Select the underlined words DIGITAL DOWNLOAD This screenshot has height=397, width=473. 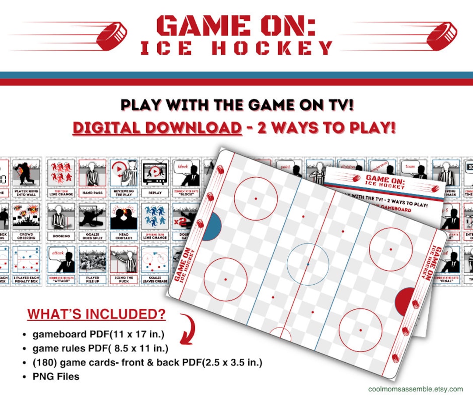coord(157,128)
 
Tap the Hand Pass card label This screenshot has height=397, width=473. coord(92,193)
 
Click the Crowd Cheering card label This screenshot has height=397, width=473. coord(26,236)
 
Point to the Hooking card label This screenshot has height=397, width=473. coord(61,236)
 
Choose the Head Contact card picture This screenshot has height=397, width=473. coord(124,216)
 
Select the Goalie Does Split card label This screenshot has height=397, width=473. coord(92,236)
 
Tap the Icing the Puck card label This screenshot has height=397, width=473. coord(124,279)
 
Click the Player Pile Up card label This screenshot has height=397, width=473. coord(92,279)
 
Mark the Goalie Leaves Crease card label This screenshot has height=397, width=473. coord(155,279)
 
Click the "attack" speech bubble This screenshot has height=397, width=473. coord(58,253)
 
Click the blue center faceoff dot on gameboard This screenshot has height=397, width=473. coord(308,264)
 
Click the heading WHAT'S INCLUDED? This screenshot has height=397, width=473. coord(96,314)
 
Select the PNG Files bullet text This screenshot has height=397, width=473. coord(56,376)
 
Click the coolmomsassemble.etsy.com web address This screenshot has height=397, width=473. coord(415,389)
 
